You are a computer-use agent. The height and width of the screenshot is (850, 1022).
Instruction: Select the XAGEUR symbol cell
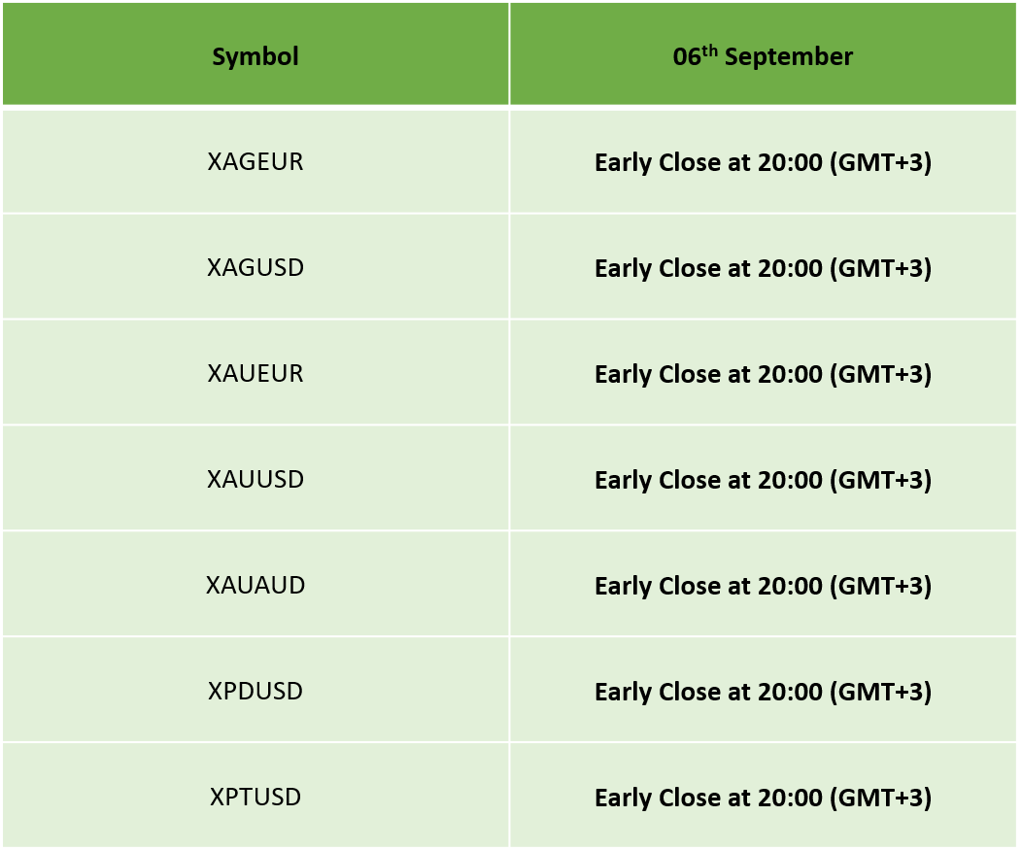(255, 161)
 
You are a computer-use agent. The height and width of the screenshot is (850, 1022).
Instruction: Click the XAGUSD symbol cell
(255, 268)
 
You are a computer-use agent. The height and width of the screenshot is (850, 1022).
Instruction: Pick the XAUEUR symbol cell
(255, 373)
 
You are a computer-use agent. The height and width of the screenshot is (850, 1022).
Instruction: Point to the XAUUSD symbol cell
(255, 480)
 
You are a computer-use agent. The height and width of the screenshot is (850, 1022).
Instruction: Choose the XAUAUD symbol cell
(255, 586)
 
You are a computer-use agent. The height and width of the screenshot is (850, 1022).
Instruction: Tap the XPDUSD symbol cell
(255, 691)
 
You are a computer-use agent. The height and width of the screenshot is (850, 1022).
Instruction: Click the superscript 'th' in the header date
(710, 51)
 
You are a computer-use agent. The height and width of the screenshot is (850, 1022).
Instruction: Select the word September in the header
(789, 57)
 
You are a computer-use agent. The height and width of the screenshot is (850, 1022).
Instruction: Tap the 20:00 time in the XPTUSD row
(790, 798)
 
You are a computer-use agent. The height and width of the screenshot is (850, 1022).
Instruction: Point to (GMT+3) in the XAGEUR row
(880, 163)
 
